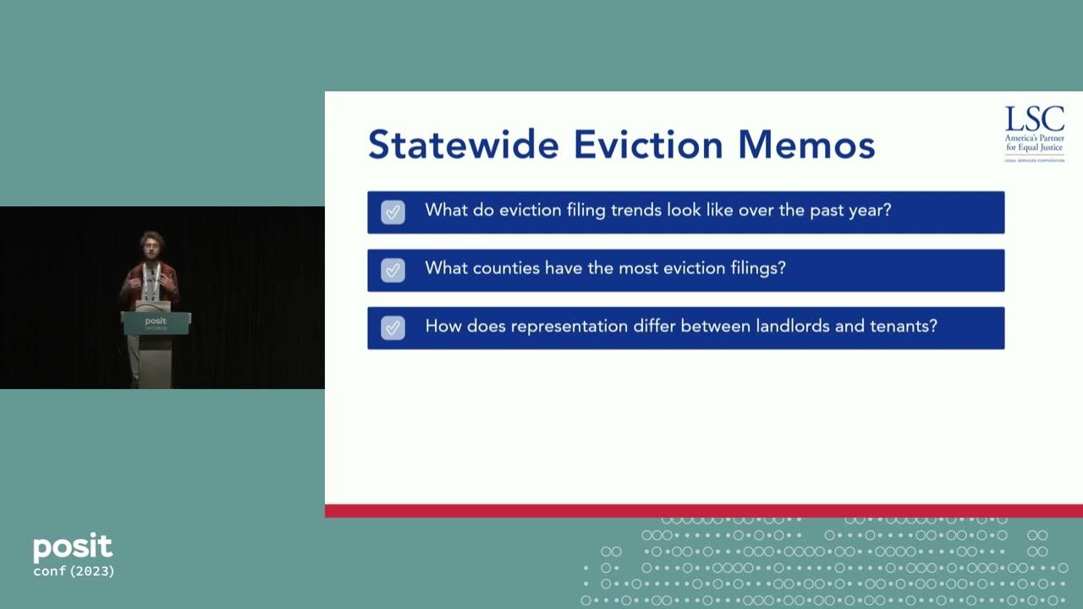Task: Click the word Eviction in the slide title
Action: (x=648, y=144)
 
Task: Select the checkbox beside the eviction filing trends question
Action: (x=393, y=211)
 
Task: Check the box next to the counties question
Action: (x=393, y=270)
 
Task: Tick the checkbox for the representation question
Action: (x=393, y=327)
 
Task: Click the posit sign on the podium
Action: (x=156, y=322)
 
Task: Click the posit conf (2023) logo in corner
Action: (x=74, y=556)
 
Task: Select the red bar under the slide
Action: (x=703, y=511)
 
